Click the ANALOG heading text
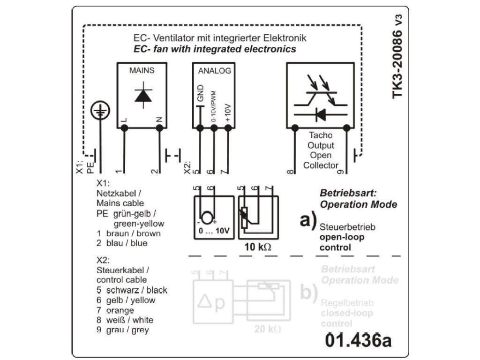(214, 71)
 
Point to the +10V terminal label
(228, 112)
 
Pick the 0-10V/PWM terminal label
(214, 107)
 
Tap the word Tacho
(321, 135)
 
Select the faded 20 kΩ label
(267, 329)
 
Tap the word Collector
(321, 165)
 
